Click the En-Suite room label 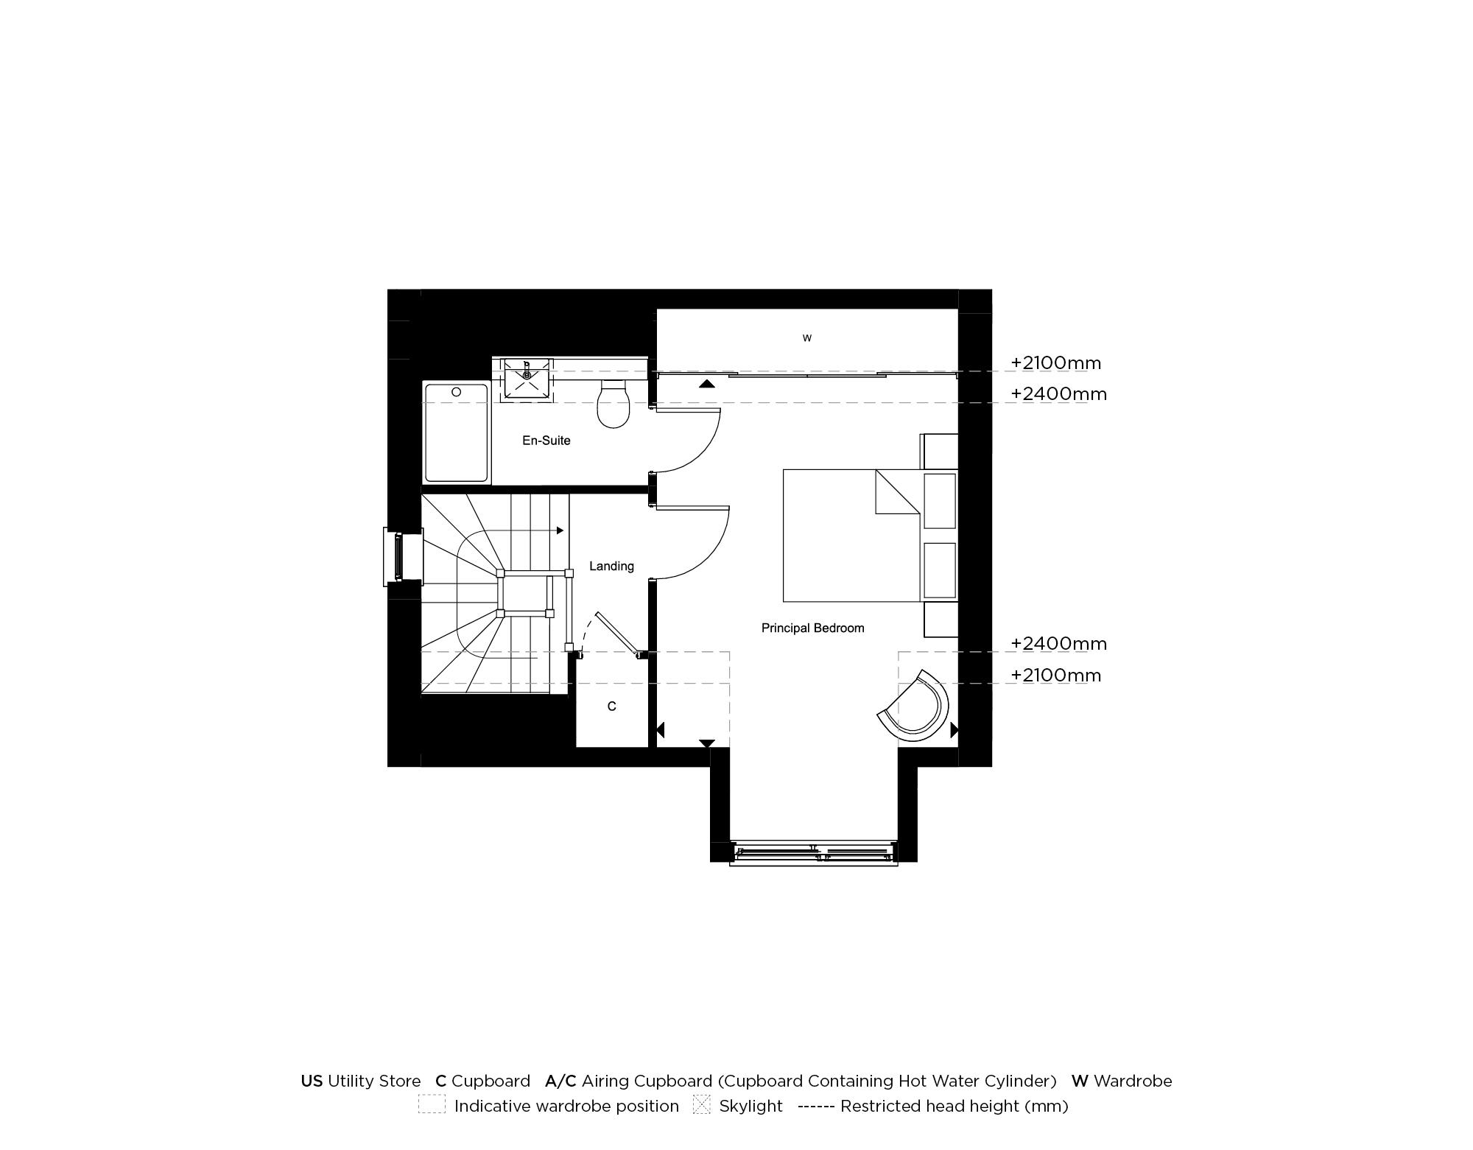tap(546, 441)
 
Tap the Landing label tap(611, 566)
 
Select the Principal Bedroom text tap(812, 628)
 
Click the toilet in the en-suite tap(614, 405)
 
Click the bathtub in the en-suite tap(456, 432)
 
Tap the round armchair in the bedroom tap(915, 705)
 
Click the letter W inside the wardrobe tap(806, 338)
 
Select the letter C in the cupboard tap(611, 707)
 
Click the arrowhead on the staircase tap(560, 530)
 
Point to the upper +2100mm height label tap(1055, 362)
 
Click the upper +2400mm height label tap(1058, 393)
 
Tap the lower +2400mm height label tap(1058, 643)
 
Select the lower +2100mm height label tap(1055, 675)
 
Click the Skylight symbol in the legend tap(701, 1105)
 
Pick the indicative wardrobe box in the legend tap(432, 1105)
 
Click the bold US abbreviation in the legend tap(312, 1081)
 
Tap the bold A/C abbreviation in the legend tap(560, 1081)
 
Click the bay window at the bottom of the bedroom tap(814, 853)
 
